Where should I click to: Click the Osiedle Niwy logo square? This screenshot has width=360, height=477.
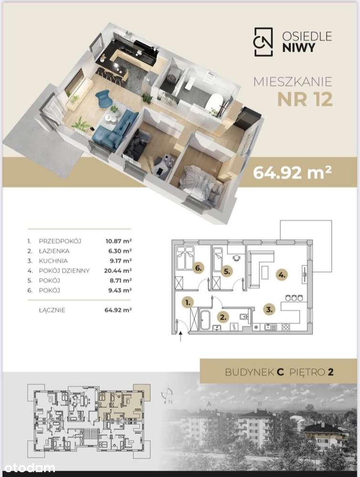click(x=264, y=42)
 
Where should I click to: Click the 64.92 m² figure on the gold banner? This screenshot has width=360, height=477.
click(x=292, y=172)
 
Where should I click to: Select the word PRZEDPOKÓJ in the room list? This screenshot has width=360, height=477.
click(x=60, y=241)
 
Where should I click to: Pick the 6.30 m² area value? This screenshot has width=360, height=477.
click(x=120, y=251)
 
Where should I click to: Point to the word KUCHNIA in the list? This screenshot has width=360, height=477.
click(x=53, y=261)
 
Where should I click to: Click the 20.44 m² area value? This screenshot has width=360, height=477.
click(x=118, y=270)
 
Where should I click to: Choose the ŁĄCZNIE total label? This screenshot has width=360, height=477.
click(x=52, y=310)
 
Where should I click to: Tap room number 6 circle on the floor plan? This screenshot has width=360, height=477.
click(x=199, y=268)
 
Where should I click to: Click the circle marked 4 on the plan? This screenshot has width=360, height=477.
click(x=282, y=275)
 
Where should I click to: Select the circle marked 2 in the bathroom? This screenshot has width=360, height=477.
click(x=223, y=317)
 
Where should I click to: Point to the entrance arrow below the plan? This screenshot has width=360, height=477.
click(x=181, y=337)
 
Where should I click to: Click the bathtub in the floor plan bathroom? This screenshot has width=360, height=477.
click(x=204, y=320)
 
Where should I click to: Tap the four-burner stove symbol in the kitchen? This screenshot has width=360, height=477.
click(x=286, y=327)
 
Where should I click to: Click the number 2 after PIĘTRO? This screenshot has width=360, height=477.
click(x=330, y=372)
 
